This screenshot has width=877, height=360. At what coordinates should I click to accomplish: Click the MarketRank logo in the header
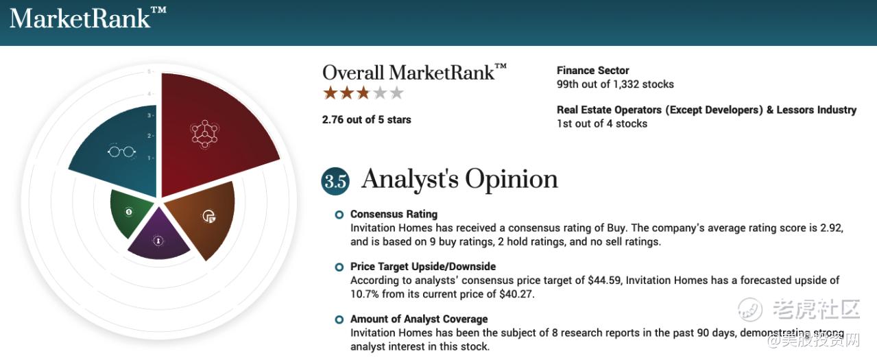(x=88, y=18)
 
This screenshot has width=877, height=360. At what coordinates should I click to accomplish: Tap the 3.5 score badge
(x=335, y=181)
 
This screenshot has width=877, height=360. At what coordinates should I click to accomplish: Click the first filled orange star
(x=331, y=93)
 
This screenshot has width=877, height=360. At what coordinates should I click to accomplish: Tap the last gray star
(x=396, y=93)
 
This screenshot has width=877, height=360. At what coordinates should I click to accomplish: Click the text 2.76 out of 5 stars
(x=366, y=119)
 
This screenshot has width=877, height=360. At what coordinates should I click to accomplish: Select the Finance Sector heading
(x=592, y=71)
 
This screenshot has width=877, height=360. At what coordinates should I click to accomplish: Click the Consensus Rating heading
(x=394, y=214)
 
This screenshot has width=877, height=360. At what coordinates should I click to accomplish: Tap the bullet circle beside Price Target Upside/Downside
(x=339, y=267)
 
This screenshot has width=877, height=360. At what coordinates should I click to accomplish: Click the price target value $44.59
(x=605, y=280)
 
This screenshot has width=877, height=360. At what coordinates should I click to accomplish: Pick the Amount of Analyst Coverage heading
(x=419, y=320)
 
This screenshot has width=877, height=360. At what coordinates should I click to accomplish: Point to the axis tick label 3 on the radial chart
(x=149, y=115)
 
